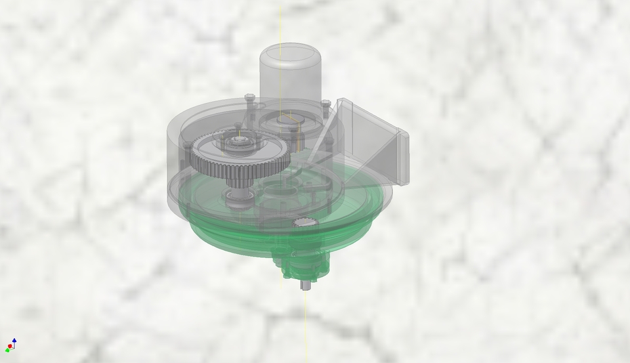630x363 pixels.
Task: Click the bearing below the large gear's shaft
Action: click(239, 196)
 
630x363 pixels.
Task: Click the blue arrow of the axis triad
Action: click(14, 341)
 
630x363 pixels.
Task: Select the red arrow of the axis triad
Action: click(9, 347)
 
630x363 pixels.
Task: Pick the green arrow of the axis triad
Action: click(16, 347)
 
